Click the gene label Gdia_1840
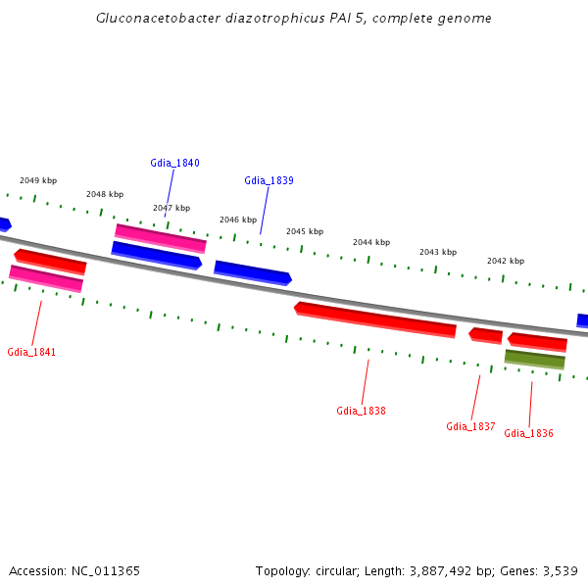click(x=174, y=163)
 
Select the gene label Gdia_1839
click(x=269, y=180)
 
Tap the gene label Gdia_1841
click(x=31, y=352)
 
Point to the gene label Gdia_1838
click(x=361, y=411)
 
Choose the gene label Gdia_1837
click(x=470, y=426)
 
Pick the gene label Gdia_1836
click(x=528, y=433)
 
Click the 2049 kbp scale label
click(x=38, y=180)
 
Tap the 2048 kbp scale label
click(x=105, y=194)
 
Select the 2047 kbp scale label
click(x=171, y=208)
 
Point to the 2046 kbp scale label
click(x=238, y=220)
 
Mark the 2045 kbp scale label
click(x=305, y=231)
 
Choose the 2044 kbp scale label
click(x=371, y=242)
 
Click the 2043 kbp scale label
click(x=438, y=252)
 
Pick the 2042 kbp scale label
click(x=506, y=261)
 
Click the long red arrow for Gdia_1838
click(x=375, y=319)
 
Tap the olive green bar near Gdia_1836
click(x=535, y=360)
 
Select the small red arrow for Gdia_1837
click(x=486, y=336)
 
